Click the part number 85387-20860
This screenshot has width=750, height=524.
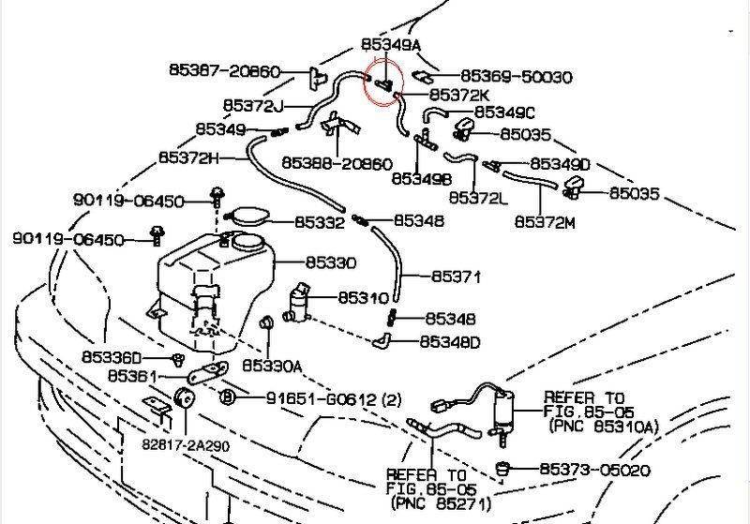224,70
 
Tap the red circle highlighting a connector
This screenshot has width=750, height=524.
383,81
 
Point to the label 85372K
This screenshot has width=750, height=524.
459,96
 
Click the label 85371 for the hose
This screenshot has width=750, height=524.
456,277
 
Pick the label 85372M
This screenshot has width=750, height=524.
545,221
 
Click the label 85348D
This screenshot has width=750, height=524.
449,342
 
